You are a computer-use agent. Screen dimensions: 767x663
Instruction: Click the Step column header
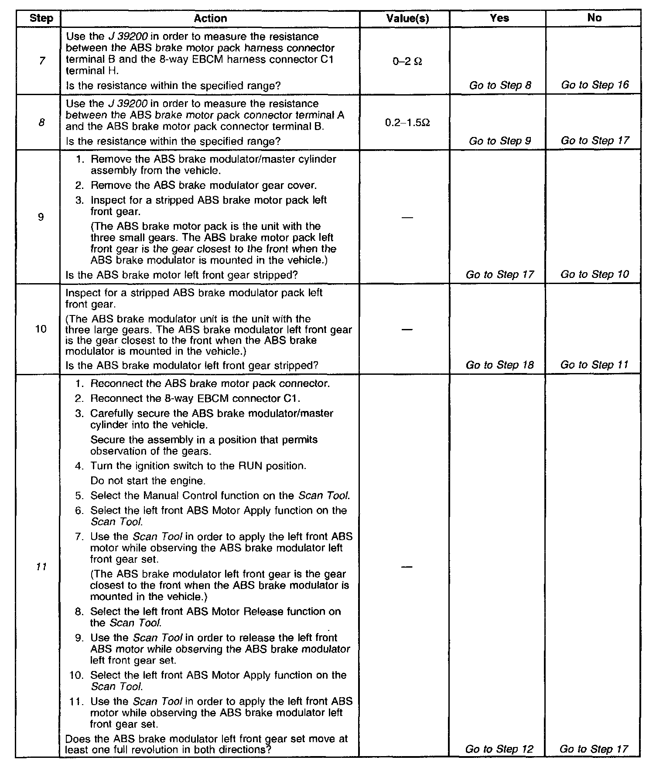[41, 18]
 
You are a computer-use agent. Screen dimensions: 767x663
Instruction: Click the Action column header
[210, 18]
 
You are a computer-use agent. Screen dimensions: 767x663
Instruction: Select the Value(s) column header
[407, 18]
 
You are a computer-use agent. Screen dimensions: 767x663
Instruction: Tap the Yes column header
[499, 18]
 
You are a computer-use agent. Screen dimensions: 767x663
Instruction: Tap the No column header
[594, 18]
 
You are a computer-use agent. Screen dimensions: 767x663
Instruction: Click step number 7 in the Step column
[41, 61]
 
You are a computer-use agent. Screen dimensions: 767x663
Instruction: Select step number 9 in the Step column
[41, 217]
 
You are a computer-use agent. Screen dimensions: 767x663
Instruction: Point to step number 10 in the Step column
[41, 329]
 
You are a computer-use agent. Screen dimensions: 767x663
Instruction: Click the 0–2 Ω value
[407, 62]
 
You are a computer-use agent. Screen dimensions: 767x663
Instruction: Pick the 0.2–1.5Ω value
[407, 123]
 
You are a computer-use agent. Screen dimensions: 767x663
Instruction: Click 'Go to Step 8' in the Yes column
[500, 86]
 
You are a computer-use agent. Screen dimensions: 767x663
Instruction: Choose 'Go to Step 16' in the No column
[595, 85]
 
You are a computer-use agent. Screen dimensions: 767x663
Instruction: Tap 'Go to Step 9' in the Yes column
[500, 141]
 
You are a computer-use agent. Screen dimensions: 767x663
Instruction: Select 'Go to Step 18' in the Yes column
[500, 365]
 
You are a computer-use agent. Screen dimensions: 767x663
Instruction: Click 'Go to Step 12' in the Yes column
[499, 749]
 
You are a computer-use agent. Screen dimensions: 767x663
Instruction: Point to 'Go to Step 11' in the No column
[595, 365]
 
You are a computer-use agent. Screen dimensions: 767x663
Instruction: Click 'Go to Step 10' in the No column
[595, 274]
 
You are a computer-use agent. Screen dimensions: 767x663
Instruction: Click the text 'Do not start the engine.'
[148, 481]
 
